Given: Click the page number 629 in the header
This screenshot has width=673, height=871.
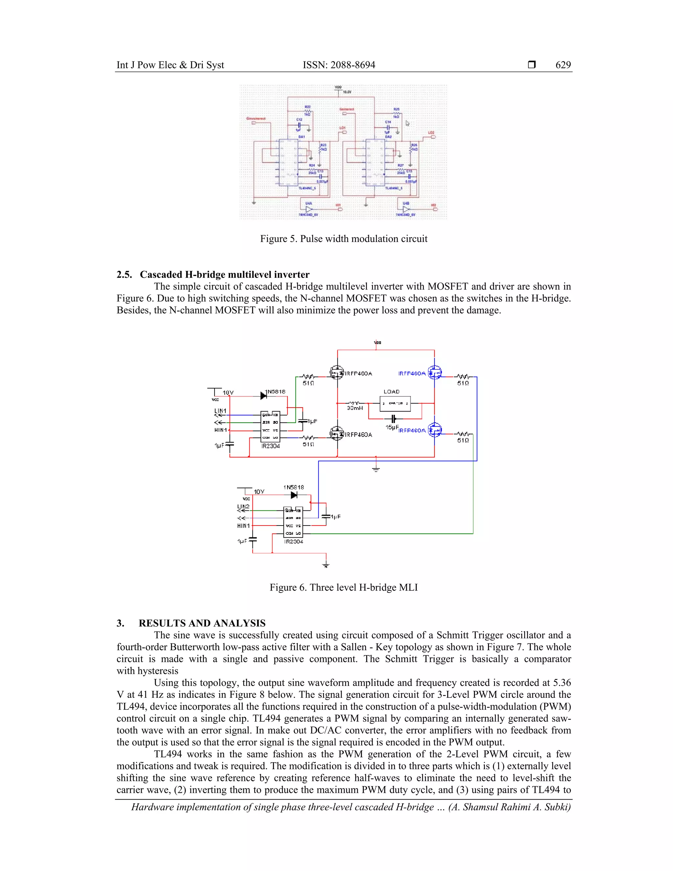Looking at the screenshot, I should click(x=563, y=65).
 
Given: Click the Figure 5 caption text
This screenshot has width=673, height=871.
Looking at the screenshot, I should click(x=343, y=239).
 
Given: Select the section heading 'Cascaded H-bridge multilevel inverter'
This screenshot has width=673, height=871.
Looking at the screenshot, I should click(x=224, y=274).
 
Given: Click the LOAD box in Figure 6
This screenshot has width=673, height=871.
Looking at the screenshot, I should click(x=395, y=403).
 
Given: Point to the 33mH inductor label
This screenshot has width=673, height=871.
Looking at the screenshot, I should click(x=355, y=408).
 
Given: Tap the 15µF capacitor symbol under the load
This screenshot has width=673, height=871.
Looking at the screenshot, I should click(x=393, y=419).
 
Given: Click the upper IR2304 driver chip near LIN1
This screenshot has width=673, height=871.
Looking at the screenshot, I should click(x=270, y=426).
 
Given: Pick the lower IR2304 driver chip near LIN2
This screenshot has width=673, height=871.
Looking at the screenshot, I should click(x=293, y=522).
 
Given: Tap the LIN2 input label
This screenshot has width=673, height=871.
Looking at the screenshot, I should click(x=243, y=506).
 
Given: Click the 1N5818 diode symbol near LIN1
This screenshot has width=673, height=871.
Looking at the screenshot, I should click(x=264, y=396).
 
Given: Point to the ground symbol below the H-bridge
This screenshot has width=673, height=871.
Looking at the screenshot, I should click(x=376, y=469).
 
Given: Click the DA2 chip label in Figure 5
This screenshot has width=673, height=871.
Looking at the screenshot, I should click(x=388, y=137).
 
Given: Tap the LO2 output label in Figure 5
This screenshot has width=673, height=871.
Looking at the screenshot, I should click(x=431, y=133).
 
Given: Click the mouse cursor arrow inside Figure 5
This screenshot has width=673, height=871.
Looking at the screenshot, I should click(x=407, y=123).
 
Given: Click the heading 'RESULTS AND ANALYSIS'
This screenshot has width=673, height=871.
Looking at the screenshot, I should click(x=202, y=623).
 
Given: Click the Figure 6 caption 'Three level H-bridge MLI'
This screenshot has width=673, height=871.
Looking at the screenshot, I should click(x=343, y=587).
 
